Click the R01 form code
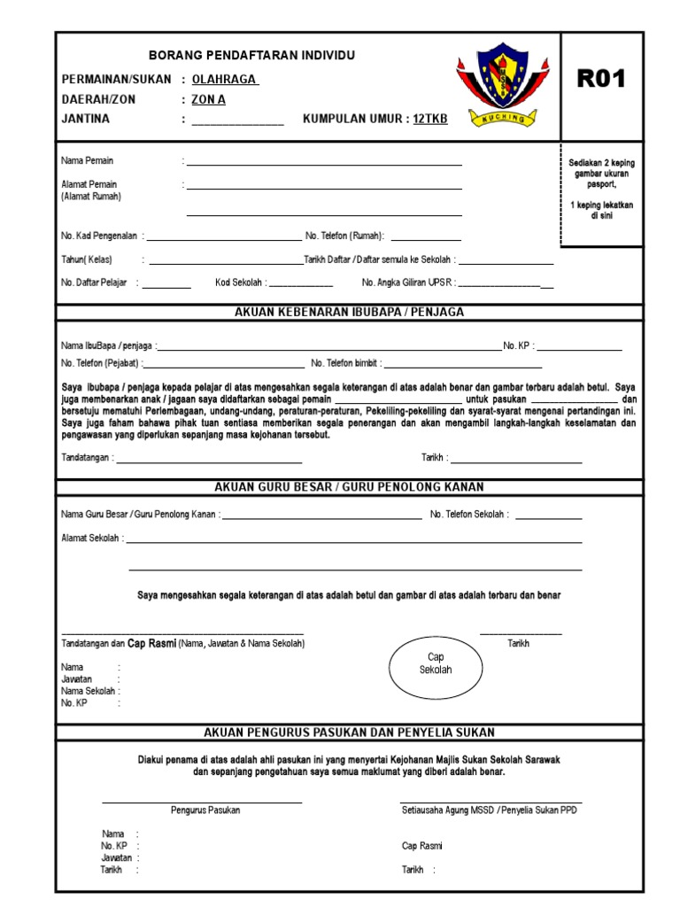click(x=601, y=79)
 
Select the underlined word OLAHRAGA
click(x=225, y=80)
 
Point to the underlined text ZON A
click(x=209, y=100)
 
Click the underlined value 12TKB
click(x=430, y=120)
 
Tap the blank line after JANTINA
click(x=237, y=123)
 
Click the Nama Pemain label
click(x=88, y=161)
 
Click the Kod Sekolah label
click(x=239, y=283)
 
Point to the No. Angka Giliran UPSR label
click(x=406, y=283)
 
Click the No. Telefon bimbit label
click(x=344, y=364)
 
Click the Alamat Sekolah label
click(x=91, y=539)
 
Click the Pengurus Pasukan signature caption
click(x=205, y=810)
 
